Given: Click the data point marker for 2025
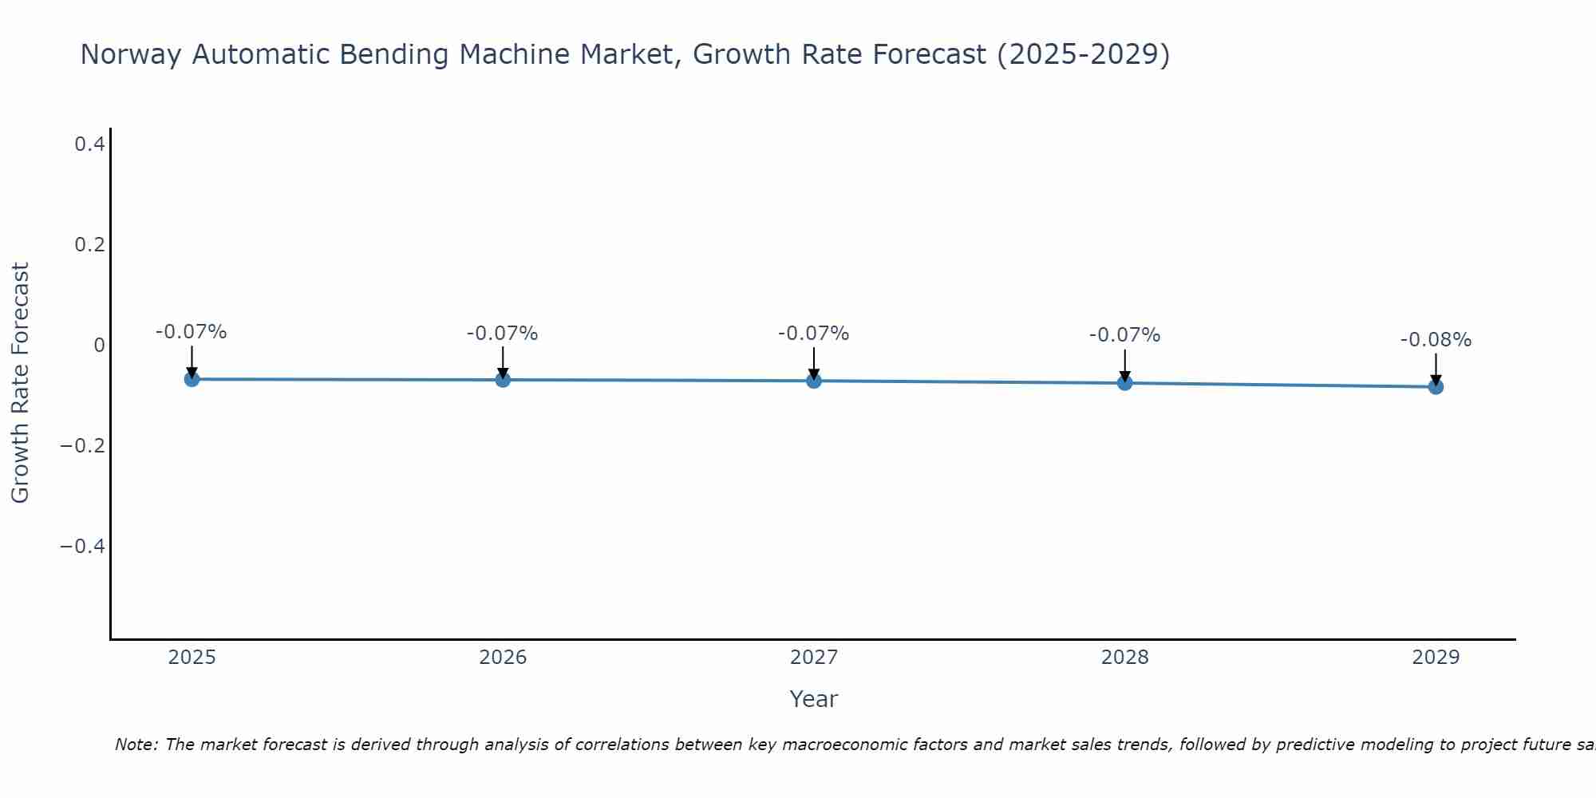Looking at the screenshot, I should [x=192, y=379].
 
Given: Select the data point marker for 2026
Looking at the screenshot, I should [x=503, y=380].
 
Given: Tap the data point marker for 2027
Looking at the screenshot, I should [x=814, y=381].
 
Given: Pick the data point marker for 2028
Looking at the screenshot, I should [x=1124, y=383].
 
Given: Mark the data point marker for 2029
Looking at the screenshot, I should [x=1436, y=387].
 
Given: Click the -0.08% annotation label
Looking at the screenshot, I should [x=1436, y=340].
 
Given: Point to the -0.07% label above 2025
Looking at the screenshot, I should [x=192, y=332].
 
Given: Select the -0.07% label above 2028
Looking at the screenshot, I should [x=1124, y=335].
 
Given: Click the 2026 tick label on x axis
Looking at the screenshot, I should [x=503, y=658].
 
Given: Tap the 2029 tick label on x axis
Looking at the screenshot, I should [x=1436, y=658].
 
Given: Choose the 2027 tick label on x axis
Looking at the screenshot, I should [x=814, y=658].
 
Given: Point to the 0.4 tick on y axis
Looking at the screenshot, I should [x=89, y=144].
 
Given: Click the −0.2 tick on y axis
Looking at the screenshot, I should [x=82, y=445].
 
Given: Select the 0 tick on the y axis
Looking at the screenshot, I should [x=99, y=345].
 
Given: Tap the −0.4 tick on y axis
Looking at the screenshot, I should [x=82, y=546].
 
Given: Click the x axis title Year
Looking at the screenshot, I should [x=813, y=699].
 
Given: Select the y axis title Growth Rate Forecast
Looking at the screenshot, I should [x=20, y=383].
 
